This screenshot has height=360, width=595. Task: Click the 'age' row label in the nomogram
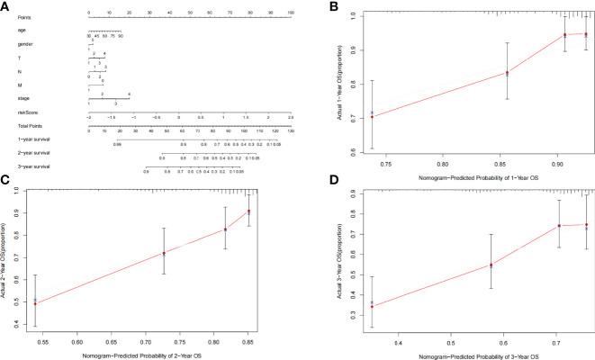point(19,29)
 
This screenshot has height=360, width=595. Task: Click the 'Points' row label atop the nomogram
point(21,15)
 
